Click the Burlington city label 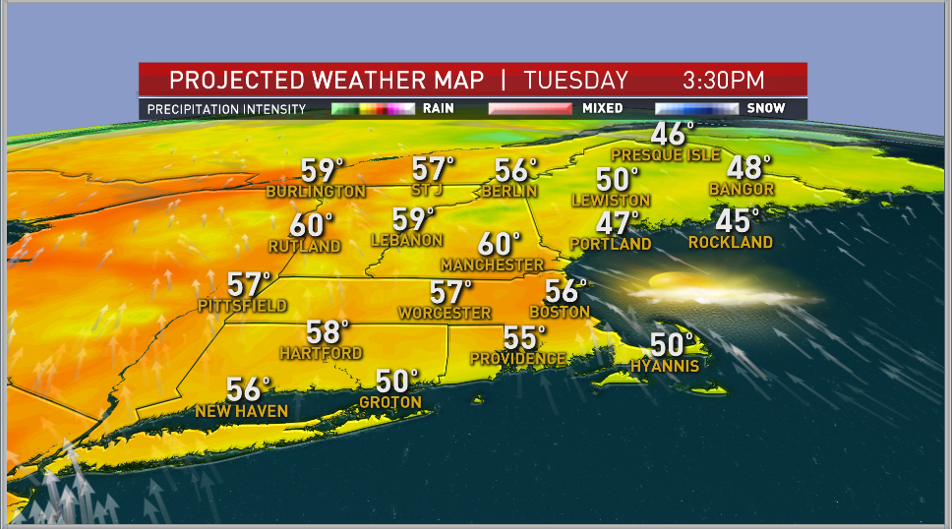tap(316, 192)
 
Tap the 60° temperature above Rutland tap(311, 225)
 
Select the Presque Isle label tap(665, 155)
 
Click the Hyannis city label tap(665, 366)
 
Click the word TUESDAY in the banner tap(575, 80)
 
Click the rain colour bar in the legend tap(373, 109)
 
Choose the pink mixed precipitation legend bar tap(530, 109)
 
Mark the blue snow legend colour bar tap(698, 109)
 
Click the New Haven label tap(243, 411)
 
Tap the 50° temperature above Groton tap(397, 381)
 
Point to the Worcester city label tap(445, 313)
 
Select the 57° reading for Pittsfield tap(248, 284)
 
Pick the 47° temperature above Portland tap(618, 223)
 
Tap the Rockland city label tap(730, 242)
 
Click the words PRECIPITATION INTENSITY tap(226, 109)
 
